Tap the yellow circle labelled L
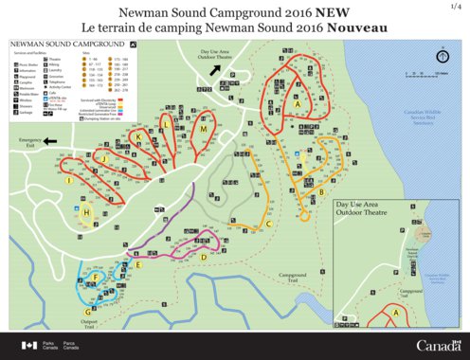tap(167, 123)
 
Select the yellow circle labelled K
tap(138, 137)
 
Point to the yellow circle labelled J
tap(69, 180)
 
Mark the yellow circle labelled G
tap(89, 311)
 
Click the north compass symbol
tap(442, 56)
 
